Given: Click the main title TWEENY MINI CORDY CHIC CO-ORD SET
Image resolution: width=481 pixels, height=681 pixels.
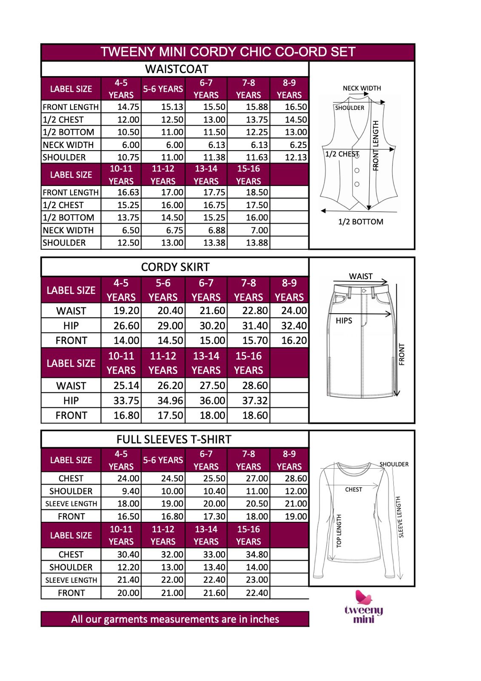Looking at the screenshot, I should point(228,52).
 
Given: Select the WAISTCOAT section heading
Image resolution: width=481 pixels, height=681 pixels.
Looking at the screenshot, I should point(176,69).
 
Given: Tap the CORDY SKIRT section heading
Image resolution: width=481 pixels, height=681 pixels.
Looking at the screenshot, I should point(175,267).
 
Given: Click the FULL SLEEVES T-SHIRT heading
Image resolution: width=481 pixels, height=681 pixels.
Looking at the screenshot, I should point(174,440).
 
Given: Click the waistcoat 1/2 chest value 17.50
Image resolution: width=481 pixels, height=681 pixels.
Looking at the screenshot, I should point(257,205).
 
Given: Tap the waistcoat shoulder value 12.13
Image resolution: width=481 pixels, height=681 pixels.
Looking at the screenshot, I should point(296,157).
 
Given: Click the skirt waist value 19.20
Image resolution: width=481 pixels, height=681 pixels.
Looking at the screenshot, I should point(126,311).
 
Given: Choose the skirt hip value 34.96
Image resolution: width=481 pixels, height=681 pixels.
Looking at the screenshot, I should point(170,401).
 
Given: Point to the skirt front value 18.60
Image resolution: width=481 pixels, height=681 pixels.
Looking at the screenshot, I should point(255,415).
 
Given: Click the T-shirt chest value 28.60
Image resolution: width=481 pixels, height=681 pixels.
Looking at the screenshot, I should point(296,478).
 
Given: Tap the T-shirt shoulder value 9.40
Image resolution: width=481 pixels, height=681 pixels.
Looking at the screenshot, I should point(131,491).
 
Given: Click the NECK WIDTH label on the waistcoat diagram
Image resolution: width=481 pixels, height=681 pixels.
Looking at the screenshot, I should point(362,88).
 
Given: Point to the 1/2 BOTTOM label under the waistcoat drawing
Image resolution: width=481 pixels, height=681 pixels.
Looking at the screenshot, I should point(361,222).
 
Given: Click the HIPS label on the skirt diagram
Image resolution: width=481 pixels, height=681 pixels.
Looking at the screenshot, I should point(344,320).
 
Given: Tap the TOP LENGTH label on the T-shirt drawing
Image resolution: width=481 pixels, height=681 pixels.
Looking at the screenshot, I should point(339,531).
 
